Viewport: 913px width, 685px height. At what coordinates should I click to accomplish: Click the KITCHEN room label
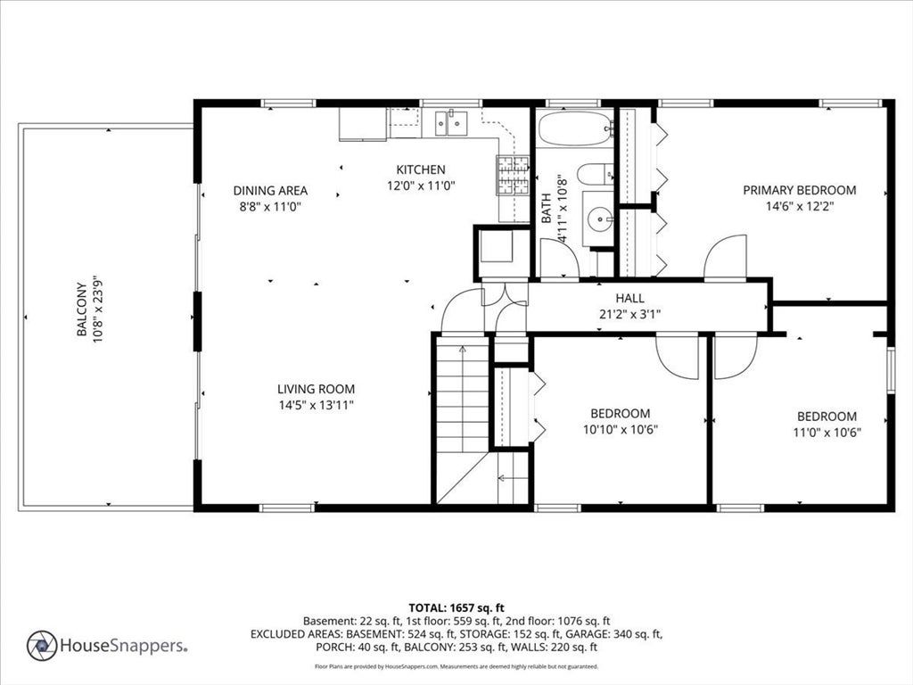pyautogui.click(x=421, y=169)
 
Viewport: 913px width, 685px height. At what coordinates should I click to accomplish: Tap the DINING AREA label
pyautogui.click(x=270, y=191)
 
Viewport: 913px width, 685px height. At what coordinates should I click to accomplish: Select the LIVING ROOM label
pyautogui.click(x=316, y=389)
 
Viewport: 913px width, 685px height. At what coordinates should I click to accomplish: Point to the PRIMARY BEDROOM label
pyautogui.click(x=800, y=190)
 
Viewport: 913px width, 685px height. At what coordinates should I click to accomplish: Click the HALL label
pyautogui.click(x=630, y=298)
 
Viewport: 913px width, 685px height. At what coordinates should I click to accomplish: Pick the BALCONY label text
pyautogui.click(x=81, y=309)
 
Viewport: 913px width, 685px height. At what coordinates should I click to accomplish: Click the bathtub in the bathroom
pyautogui.click(x=576, y=128)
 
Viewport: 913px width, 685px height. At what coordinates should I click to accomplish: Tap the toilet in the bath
pyautogui.click(x=595, y=174)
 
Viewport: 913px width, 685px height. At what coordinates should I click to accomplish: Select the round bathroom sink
pyautogui.click(x=599, y=219)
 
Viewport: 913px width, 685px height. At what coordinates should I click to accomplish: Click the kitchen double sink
pyautogui.click(x=451, y=123)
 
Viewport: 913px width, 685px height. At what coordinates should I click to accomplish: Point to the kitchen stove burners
pyautogui.click(x=513, y=176)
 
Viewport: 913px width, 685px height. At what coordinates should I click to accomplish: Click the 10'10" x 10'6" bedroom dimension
pyautogui.click(x=621, y=430)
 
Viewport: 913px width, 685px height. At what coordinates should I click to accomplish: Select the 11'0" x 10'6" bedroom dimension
pyautogui.click(x=827, y=433)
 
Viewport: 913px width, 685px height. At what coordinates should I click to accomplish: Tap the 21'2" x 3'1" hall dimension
pyautogui.click(x=630, y=315)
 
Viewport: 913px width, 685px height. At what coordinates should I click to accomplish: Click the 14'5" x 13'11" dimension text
pyautogui.click(x=317, y=406)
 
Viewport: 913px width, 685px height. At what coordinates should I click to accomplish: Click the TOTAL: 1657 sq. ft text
pyautogui.click(x=456, y=608)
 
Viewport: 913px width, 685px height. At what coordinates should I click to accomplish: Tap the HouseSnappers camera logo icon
pyautogui.click(x=42, y=646)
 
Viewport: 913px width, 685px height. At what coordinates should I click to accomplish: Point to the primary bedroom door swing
pyautogui.click(x=725, y=257)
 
